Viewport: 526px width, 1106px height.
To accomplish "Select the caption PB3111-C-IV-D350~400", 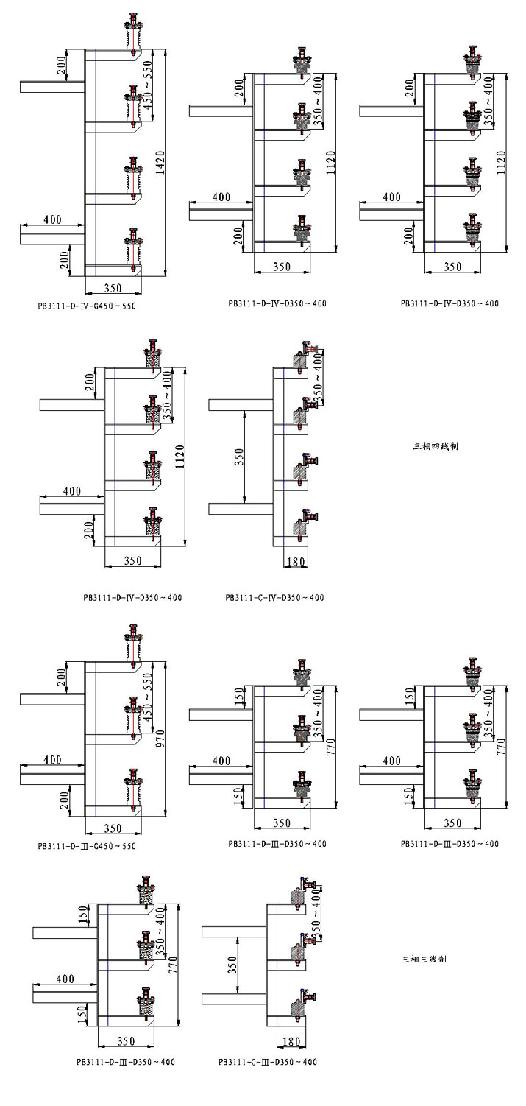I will pyautogui.click(x=274, y=598).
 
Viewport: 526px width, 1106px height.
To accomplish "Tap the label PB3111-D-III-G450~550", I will pyautogui.click(x=87, y=847).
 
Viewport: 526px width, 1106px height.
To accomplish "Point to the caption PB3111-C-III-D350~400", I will pyautogui.click(x=268, y=1063).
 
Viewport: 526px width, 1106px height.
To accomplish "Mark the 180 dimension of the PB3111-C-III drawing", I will pyautogui.click(x=289, y=1041).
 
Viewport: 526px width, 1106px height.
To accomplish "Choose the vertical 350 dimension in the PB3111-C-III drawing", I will pyautogui.click(x=232, y=964).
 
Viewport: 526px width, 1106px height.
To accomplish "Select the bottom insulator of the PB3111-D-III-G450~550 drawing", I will pyautogui.click(x=133, y=788).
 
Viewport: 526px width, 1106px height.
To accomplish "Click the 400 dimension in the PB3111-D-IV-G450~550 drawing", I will pyautogui.click(x=51, y=219).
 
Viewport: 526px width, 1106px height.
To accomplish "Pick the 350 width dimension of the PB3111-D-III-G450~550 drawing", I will pyautogui.click(x=113, y=828).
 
